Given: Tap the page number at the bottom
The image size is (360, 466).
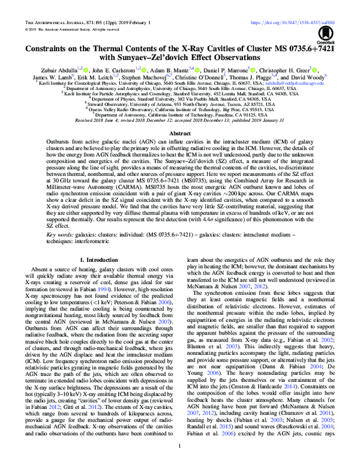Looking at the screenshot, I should [180, 446].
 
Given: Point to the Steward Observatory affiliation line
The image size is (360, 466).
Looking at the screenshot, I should [180, 103].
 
